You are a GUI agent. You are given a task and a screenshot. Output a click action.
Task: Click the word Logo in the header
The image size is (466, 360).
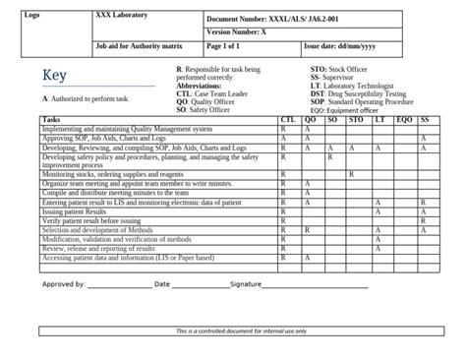[32, 17]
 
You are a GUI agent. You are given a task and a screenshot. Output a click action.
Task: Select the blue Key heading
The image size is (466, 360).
[55, 78]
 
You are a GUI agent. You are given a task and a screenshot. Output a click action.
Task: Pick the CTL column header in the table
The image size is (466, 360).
[287, 120]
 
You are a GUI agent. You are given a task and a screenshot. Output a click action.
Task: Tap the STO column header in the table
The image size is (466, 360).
[356, 120]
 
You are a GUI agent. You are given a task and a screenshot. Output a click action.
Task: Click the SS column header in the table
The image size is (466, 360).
[425, 120]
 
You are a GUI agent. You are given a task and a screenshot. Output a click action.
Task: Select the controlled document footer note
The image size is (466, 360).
[242, 331]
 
